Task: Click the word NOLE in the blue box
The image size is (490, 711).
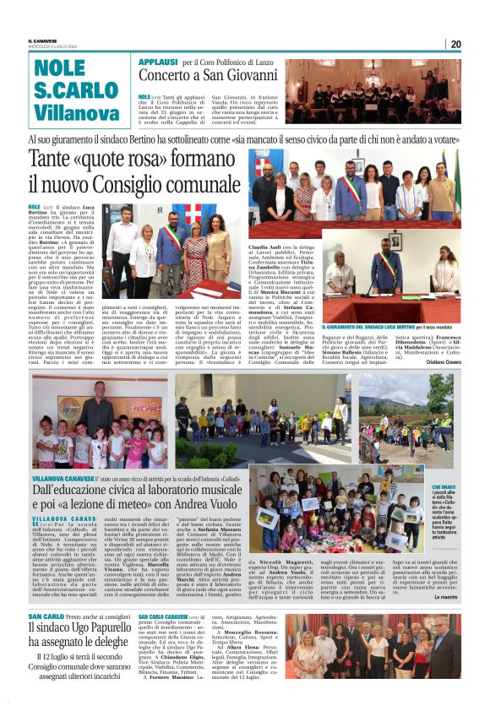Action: pyautogui.click(x=60, y=68)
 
